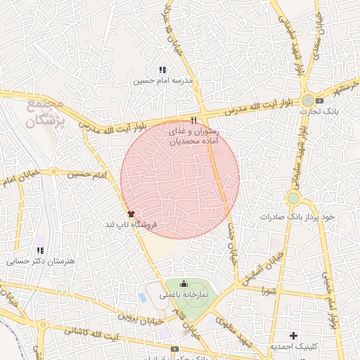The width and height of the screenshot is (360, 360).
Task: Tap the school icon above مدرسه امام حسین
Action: [x=162, y=70]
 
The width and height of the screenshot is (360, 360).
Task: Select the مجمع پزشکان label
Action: [x=45, y=113]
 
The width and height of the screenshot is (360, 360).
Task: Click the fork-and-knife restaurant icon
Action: [x=194, y=120]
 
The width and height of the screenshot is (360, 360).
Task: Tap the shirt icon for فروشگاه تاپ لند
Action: [x=131, y=212]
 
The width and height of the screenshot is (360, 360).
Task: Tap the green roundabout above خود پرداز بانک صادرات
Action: [x=292, y=198]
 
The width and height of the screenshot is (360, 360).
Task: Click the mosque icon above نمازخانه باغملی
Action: [x=184, y=285]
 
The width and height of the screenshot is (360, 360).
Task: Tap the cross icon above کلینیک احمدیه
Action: [x=294, y=335]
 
